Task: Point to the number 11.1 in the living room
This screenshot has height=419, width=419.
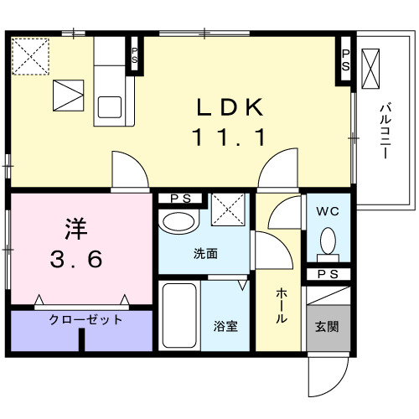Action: point(230,137)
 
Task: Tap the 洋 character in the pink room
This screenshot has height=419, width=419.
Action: point(76,228)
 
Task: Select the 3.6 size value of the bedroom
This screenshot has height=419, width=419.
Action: point(75,259)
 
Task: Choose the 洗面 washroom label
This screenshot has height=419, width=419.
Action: point(205,254)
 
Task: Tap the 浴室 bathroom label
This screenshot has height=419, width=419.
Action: point(225,324)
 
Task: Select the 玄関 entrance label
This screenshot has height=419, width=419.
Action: point(327,324)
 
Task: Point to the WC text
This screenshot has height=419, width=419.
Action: point(327,212)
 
